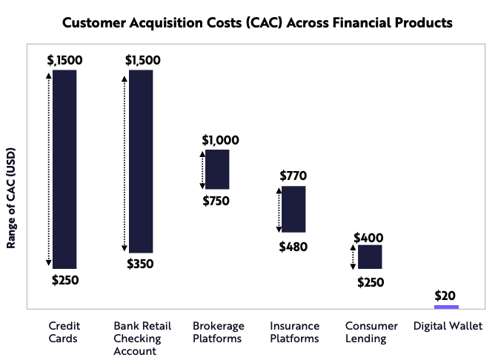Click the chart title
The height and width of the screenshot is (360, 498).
[x=256, y=23]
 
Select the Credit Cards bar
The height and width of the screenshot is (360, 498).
[x=64, y=169]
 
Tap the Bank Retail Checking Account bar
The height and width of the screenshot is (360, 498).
[x=141, y=161]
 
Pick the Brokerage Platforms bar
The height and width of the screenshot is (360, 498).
[x=217, y=169]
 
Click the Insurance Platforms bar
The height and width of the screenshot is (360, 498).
[x=293, y=209]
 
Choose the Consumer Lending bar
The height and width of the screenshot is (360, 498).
[x=370, y=256]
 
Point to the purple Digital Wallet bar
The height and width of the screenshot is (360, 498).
[x=446, y=306]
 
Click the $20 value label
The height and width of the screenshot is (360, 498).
[x=445, y=295]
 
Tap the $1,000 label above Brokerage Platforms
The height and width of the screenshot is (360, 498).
[x=220, y=140]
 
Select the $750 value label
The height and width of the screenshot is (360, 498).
[x=216, y=201]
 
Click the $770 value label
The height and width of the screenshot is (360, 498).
[x=293, y=176]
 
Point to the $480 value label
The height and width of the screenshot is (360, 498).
[x=293, y=247]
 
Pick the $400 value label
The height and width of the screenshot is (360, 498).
[x=368, y=237]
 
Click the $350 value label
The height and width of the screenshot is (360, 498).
[x=140, y=264]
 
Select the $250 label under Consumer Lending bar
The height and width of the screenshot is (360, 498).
[x=371, y=282]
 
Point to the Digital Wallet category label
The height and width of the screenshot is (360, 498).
[x=448, y=326]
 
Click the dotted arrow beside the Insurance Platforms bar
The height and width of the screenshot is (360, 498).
[x=279, y=209]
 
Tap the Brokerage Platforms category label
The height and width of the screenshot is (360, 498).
[x=217, y=332]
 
